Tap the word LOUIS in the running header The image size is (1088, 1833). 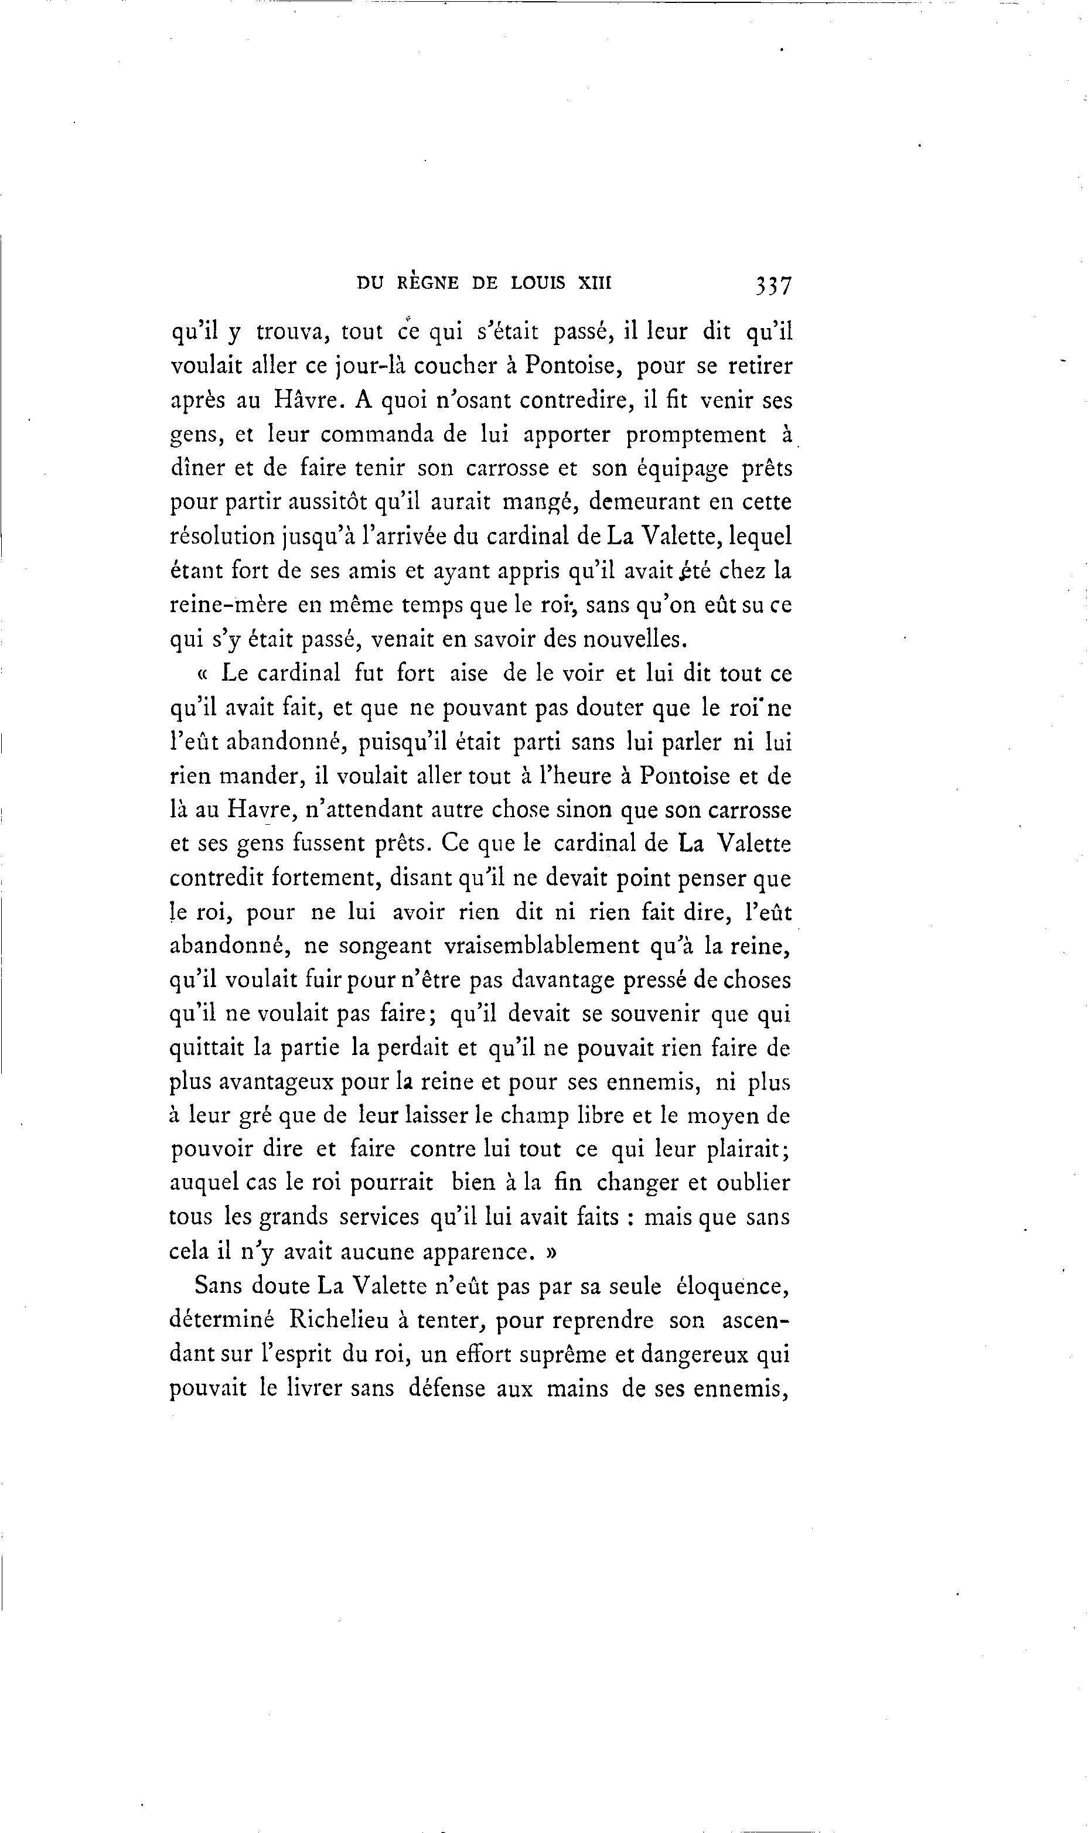pos(537,283)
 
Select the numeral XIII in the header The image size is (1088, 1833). pos(595,283)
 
